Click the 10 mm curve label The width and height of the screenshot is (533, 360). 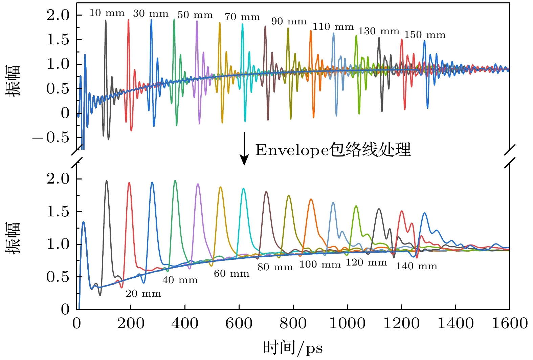[107, 13]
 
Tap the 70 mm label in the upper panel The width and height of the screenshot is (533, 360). [242, 17]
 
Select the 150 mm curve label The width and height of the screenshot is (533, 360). [425, 35]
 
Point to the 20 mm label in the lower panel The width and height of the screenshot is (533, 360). [143, 293]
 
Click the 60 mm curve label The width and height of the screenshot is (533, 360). [231, 274]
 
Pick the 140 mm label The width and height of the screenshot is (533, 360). [417, 266]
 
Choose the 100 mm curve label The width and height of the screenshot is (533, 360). [320, 264]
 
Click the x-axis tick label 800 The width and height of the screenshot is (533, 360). [293, 323]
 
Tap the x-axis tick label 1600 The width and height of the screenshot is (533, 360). [510, 323]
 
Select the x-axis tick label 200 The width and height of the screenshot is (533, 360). [131, 323]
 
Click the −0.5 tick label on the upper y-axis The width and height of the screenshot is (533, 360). [51, 137]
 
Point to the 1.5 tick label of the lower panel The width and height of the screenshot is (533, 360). [58, 212]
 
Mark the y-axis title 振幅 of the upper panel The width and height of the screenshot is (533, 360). [14, 81]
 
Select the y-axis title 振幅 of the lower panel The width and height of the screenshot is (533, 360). [14, 238]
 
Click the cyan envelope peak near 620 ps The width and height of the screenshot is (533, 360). [243, 189]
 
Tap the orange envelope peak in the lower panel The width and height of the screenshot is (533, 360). [311, 199]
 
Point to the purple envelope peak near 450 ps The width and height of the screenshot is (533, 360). [198, 184]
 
